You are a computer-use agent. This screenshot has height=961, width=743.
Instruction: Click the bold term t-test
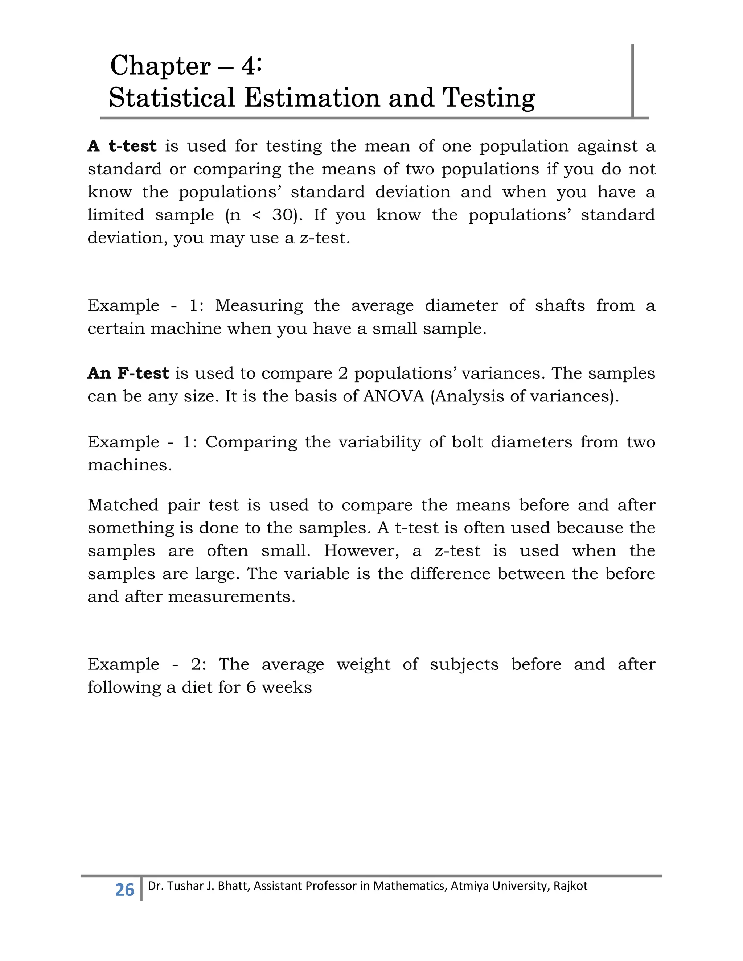pos(132,146)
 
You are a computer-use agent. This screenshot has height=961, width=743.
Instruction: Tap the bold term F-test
pos(143,373)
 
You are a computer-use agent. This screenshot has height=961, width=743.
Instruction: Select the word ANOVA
pos(394,396)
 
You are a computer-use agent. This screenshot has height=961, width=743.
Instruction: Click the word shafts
pos(559,305)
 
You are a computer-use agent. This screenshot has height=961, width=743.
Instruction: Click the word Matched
pos(123,505)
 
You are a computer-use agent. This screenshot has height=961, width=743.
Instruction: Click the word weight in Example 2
pos(363,664)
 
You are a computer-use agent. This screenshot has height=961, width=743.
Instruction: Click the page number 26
pos(124,890)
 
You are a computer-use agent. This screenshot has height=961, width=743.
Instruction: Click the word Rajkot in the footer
pos(570,886)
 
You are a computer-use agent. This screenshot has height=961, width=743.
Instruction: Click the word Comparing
pos(251,442)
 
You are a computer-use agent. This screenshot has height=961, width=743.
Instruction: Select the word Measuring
pos(259,305)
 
